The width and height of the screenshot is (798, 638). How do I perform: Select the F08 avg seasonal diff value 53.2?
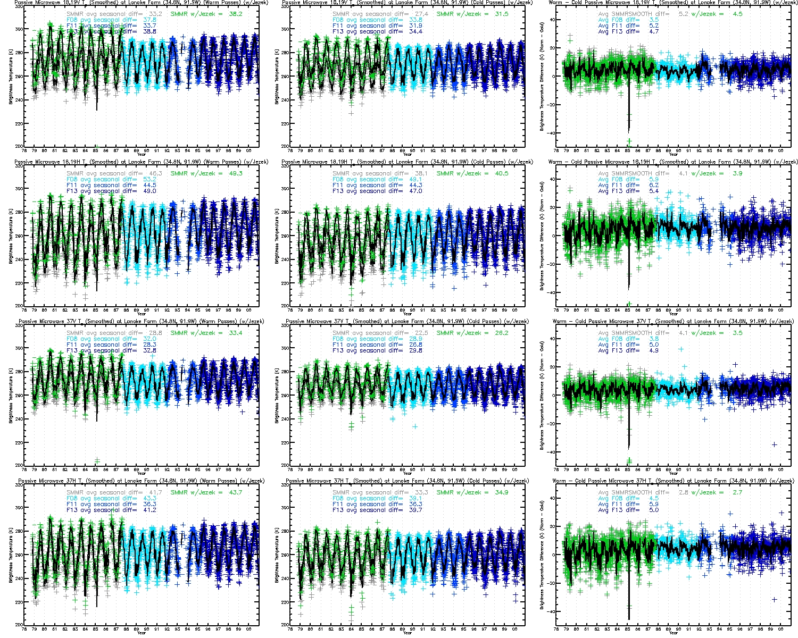pos(150,179)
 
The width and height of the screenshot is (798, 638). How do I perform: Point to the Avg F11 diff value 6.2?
pos(654,185)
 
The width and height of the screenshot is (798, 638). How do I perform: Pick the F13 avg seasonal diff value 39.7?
pos(415,510)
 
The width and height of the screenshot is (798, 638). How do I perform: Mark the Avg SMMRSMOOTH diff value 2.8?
pos(684,492)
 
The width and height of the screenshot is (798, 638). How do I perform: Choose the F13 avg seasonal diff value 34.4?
pos(415,31)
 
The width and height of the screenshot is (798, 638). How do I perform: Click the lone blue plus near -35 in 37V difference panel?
pos(774,444)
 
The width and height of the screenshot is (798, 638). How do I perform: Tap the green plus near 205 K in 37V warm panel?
pos(97,460)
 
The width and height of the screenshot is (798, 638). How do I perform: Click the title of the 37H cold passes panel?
pos(407,481)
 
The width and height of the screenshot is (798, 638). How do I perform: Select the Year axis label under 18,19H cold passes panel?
pos(407,314)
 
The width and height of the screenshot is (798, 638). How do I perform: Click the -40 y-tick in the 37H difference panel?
pos(550,611)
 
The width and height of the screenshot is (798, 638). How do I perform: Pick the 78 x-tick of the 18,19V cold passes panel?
pos(290,150)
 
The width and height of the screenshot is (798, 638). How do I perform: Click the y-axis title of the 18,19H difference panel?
pos(542,236)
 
